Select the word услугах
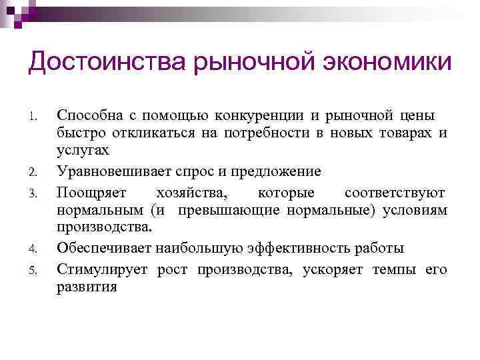(81, 152)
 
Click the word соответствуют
(395, 193)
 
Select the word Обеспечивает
(104, 249)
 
